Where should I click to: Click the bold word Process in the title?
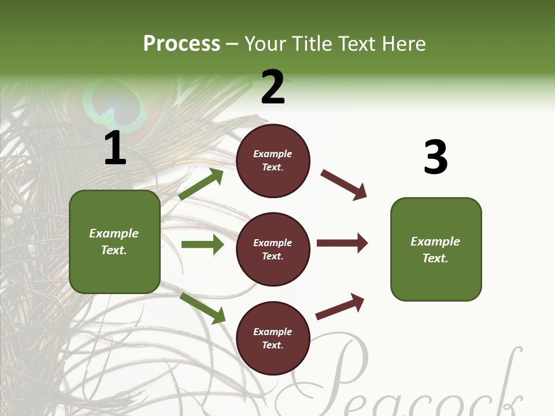[x=182, y=44]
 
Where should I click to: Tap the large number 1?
[x=115, y=148]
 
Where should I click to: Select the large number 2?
[x=273, y=87]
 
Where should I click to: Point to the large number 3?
[x=435, y=158]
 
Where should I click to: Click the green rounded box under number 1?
[x=114, y=242]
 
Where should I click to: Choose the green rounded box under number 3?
[x=436, y=250]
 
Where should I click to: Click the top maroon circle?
[x=273, y=161]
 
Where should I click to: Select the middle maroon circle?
[x=273, y=250]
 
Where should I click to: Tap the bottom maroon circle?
[x=273, y=339]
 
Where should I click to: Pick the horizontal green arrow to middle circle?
[x=202, y=244]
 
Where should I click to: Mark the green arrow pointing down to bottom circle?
[x=202, y=308]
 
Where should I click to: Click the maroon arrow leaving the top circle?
[x=344, y=185]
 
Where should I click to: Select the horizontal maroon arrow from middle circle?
[x=342, y=243]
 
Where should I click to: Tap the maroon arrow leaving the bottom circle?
[x=341, y=306]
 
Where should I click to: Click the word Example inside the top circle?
[x=273, y=154]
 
